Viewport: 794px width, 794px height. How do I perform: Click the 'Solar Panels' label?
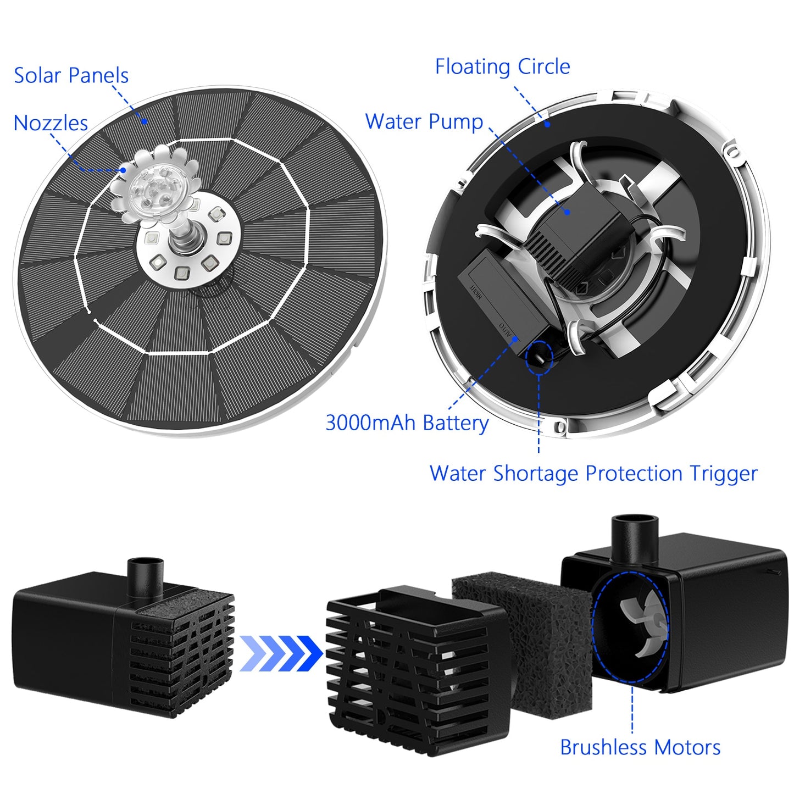(71, 76)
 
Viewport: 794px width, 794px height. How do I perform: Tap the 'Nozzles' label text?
(51, 123)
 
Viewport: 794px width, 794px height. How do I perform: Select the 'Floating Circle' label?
(502, 66)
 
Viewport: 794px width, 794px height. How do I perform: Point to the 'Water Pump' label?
(424, 121)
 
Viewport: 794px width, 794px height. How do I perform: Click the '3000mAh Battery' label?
(407, 423)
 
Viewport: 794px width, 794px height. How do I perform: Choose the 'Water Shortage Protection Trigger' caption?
(593, 473)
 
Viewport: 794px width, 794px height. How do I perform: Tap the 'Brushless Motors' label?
(640, 747)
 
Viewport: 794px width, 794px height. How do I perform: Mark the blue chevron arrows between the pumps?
(281, 653)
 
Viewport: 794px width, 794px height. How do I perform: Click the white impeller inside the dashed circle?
(643, 626)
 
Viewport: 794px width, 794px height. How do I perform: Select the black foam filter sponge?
(530, 632)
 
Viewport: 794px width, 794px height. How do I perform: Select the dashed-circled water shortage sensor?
(538, 356)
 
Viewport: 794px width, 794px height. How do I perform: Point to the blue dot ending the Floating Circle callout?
(548, 124)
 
